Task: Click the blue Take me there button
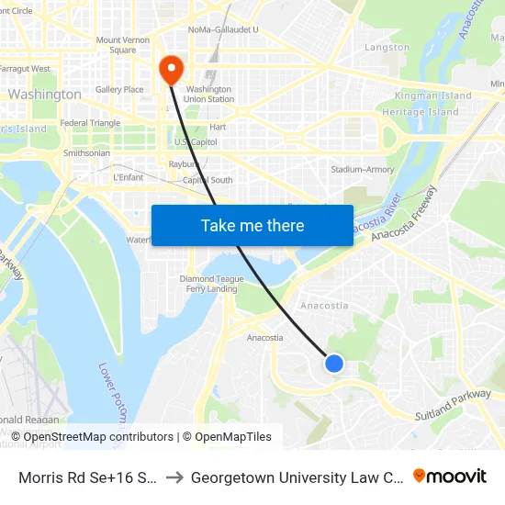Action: click(252, 225)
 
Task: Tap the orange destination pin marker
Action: click(171, 69)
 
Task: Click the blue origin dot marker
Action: click(334, 364)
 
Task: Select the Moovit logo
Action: click(450, 476)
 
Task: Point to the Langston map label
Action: click(387, 47)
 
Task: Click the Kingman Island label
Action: click(432, 95)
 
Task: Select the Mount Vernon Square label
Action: click(122, 45)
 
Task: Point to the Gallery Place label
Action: click(119, 89)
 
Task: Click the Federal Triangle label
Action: click(90, 123)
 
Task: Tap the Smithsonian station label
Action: click(87, 152)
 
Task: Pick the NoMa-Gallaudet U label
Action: click(223, 29)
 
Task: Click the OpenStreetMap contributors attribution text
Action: click(98, 437)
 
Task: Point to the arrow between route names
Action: click(174, 477)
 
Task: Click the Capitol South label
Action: click(208, 180)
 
